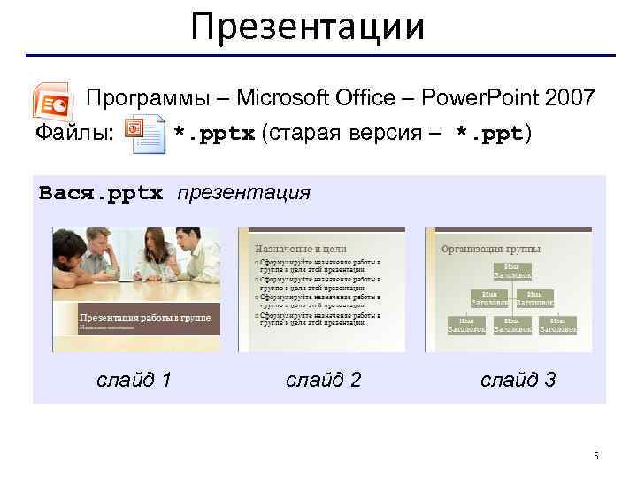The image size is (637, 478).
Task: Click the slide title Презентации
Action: [x=308, y=27]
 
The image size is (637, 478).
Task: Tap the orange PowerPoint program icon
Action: [x=52, y=100]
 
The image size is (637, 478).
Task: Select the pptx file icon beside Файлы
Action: [x=144, y=135]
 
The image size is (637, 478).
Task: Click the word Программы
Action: [x=143, y=98]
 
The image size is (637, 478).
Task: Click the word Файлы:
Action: [x=73, y=134]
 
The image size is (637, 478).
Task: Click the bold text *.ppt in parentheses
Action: [x=489, y=135]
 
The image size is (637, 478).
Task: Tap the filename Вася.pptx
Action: [x=102, y=193]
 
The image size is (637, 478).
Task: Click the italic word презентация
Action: [x=244, y=193]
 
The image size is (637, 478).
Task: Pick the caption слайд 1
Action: [x=134, y=380]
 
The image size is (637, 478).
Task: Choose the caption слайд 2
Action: [x=324, y=380]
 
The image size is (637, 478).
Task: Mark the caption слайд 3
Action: [x=518, y=380]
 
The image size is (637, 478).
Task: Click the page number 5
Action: [x=596, y=456]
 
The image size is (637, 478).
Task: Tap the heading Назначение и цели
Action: [x=301, y=250]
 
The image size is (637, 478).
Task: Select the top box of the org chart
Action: [x=512, y=272]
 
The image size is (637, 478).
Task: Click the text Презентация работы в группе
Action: [x=145, y=317]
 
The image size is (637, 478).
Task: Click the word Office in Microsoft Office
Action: [x=347, y=98]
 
